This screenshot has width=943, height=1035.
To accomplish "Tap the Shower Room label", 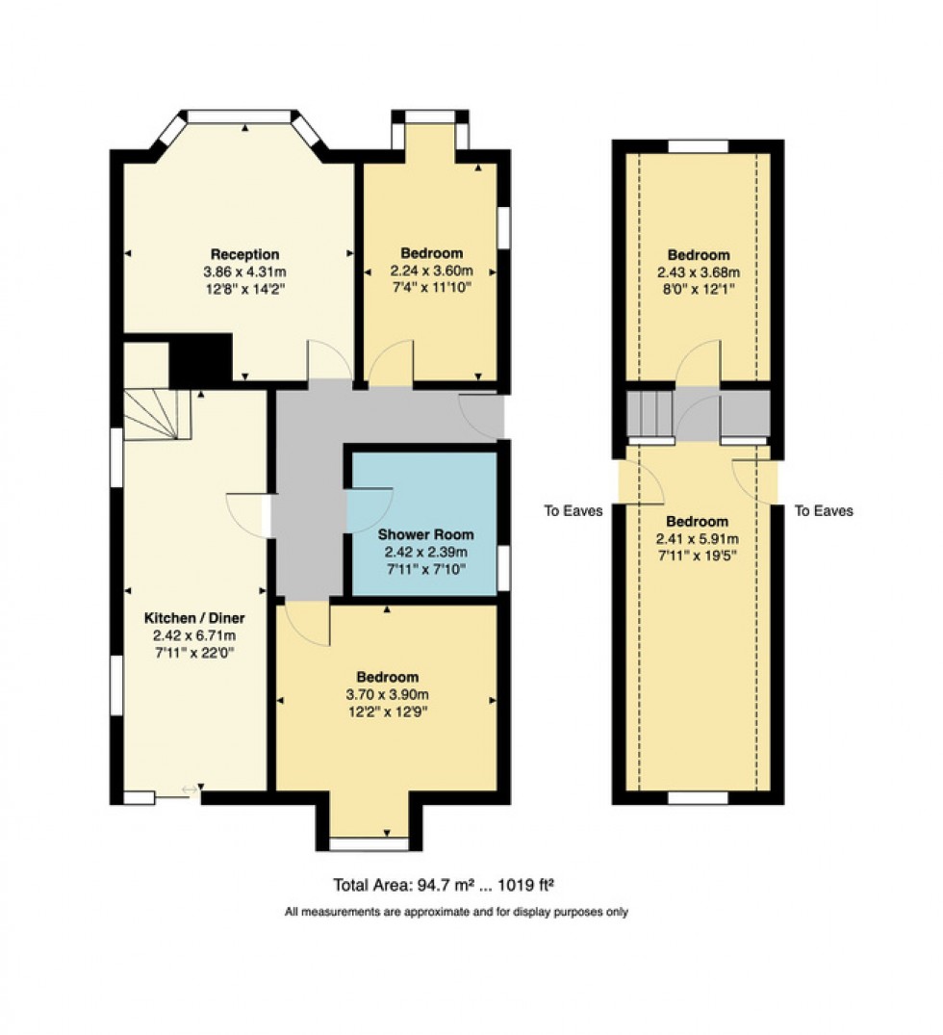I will click(x=425, y=534).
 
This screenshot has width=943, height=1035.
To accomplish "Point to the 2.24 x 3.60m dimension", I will click(x=432, y=272).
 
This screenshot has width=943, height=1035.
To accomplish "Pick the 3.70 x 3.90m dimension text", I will click(x=387, y=694).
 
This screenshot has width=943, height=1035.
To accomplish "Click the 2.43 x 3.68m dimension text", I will click(x=699, y=272).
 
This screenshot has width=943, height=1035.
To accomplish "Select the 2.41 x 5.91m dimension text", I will click(x=698, y=538).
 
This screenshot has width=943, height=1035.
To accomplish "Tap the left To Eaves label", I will click(x=573, y=511).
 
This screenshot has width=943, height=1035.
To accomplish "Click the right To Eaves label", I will click(x=824, y=511).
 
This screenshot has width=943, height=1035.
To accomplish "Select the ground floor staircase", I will click(x=158, y=414).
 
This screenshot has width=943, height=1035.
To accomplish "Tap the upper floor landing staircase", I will click(x=649, y=414).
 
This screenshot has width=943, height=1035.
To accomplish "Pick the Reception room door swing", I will click(x=327, y=361).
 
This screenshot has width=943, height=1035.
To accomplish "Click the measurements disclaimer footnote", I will click(x=456, y=912).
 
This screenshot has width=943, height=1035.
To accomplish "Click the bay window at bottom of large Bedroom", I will click(x=370, y=843).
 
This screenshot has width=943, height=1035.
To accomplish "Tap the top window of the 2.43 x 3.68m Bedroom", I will click(x=699, y=146).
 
